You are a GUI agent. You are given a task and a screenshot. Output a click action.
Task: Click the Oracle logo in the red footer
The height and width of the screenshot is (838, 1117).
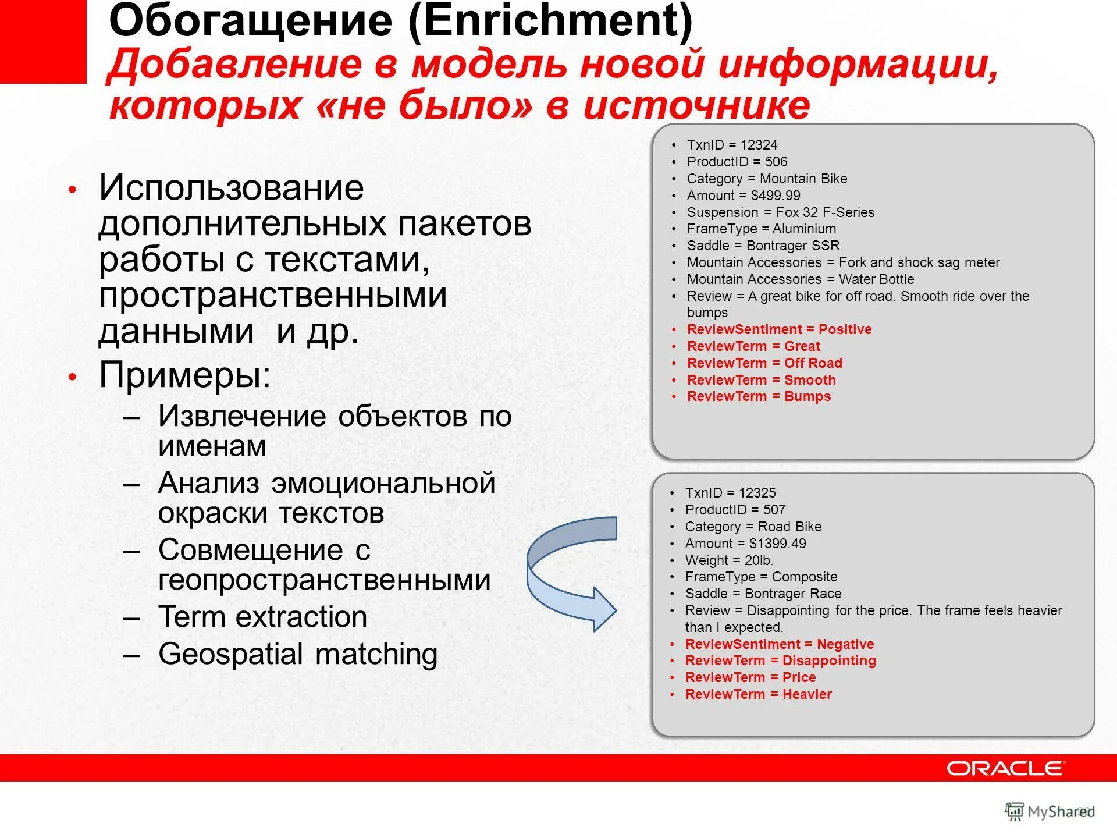(1005, 768)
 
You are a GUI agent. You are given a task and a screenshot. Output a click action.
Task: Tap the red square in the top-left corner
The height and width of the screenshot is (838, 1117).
(42, 41)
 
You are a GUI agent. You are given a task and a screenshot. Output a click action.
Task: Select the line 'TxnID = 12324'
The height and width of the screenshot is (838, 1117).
(731, 145)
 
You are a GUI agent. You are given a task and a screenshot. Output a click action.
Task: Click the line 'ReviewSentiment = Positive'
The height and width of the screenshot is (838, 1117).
(779, 329)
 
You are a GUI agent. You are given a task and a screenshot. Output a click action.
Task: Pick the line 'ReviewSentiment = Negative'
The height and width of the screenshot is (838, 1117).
(779, 644)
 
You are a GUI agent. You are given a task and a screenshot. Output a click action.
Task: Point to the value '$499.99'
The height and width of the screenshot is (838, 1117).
(776, 196)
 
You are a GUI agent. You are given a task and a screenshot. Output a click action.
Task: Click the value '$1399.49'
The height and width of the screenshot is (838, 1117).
(777, 544)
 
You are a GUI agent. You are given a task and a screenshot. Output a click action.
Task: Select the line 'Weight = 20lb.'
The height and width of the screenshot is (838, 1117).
(729, 560)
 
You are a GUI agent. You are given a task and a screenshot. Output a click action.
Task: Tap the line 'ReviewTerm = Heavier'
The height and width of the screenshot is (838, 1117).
(758, 694)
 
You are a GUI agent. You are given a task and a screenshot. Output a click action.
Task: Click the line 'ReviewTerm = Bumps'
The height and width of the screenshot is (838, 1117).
(759, 396)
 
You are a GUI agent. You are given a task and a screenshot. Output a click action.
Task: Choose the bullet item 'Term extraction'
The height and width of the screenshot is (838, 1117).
(262, 617)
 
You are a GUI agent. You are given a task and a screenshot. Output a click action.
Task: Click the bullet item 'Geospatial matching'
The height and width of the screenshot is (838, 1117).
(298, 654)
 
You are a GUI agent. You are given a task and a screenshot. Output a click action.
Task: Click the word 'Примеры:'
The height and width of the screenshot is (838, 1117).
(184, 375)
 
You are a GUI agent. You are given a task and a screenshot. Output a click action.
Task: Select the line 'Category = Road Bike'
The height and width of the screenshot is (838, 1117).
(753, 527)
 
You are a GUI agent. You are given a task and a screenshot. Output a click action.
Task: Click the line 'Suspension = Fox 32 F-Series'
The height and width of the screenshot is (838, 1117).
(780, 212)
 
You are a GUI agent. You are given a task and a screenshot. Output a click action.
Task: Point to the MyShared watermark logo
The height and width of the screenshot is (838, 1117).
(1049, 812)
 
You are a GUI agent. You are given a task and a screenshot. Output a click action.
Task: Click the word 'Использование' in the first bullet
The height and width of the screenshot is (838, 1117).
(231, 188)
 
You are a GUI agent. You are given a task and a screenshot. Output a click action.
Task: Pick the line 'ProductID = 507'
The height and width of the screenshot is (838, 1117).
(735, 510)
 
